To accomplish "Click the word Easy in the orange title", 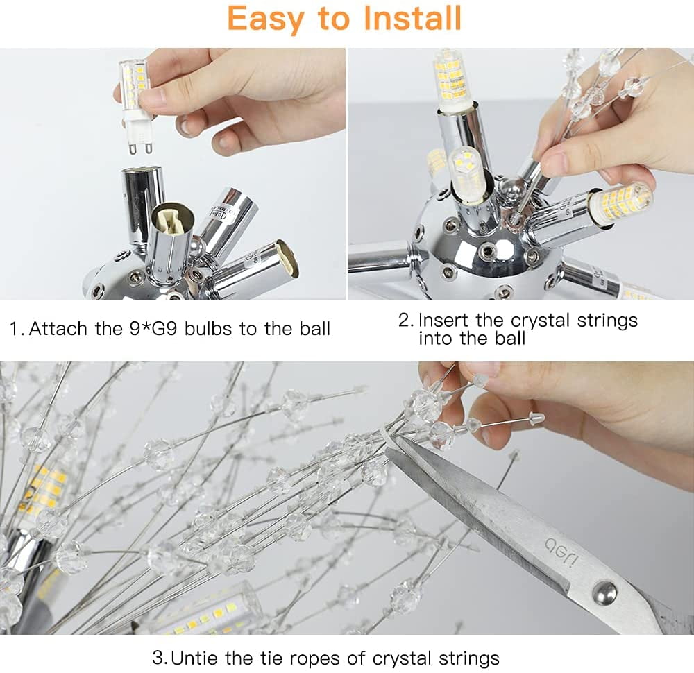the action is (266, 19).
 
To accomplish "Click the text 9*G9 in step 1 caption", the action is (153, 329).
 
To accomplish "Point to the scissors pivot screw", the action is (604, 592).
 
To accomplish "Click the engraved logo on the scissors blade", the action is (561, 552).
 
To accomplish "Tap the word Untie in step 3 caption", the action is (195, 658).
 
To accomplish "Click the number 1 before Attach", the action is (15, 329).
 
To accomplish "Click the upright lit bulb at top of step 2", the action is (450, 80).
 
